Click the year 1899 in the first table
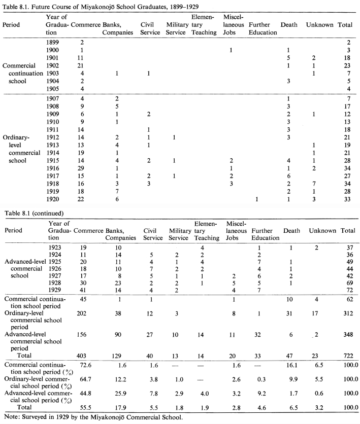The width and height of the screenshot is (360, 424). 52,42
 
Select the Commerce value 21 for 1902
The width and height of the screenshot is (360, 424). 80,65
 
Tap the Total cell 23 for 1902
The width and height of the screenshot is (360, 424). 347,65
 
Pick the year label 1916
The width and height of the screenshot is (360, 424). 52,168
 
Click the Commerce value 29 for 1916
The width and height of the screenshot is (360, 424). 80,168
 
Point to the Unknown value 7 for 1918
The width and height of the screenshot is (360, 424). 314,184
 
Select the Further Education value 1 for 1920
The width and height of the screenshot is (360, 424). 256,199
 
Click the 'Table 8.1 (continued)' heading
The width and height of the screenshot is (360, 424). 34,213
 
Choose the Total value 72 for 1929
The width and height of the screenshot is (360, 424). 350,290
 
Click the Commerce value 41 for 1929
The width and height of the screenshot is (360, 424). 83,290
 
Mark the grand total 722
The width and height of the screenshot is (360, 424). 348,356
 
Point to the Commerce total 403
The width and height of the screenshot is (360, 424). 81,356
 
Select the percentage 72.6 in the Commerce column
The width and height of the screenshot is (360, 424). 85,365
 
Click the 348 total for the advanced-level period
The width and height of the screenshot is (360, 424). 348,335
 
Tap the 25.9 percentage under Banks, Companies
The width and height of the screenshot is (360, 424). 120,393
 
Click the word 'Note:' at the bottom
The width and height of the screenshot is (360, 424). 12,417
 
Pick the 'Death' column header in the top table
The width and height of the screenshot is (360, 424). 289,25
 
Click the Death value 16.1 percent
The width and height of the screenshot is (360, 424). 292,365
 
